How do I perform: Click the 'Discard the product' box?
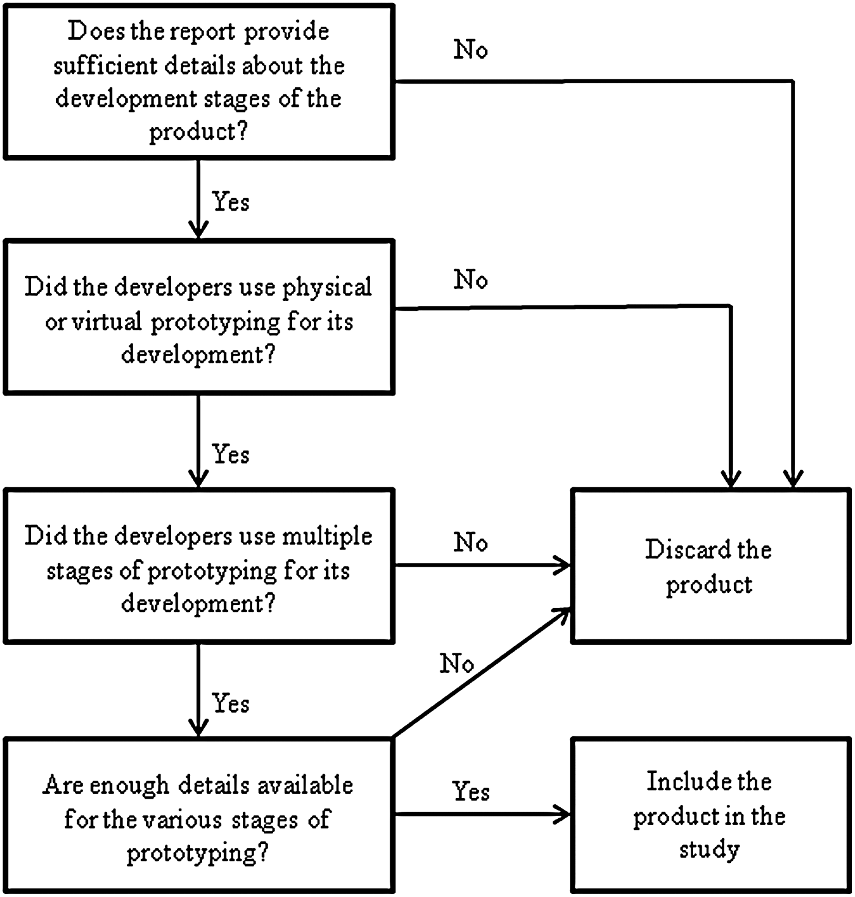710,565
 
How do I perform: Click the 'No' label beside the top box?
470,49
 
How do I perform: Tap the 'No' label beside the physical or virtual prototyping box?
470,280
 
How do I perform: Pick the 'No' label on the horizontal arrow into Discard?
470,542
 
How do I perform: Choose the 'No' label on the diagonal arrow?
456,663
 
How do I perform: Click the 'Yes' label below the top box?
230,202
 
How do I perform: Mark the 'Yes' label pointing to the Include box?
471,791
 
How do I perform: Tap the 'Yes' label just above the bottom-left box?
230,703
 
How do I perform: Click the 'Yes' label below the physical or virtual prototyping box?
230,454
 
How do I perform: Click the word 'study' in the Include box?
709,849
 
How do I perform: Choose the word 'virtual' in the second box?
107,321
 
